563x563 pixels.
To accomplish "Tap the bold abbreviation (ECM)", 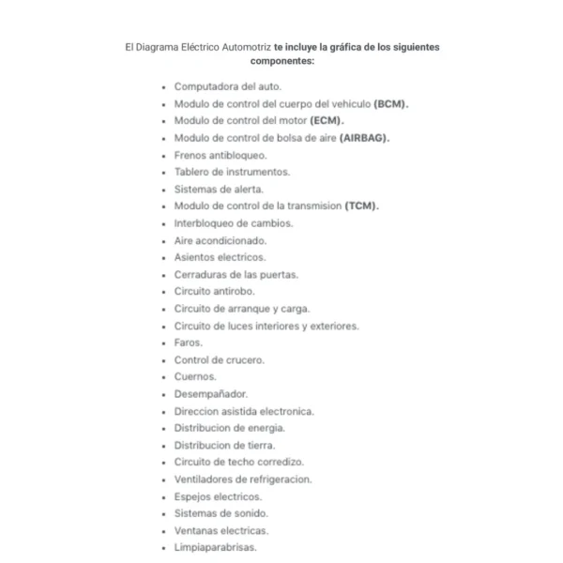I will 327,121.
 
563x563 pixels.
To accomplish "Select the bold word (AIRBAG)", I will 363,138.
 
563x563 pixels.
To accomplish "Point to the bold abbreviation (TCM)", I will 361,205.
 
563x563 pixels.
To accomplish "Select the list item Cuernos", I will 195,376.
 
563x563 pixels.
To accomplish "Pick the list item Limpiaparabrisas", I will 215,547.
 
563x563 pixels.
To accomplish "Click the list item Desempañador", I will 210,394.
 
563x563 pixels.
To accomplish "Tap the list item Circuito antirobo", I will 214,291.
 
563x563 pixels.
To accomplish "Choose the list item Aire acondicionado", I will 221,240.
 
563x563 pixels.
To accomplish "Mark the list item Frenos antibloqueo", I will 221,155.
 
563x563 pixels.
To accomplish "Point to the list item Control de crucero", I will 220,359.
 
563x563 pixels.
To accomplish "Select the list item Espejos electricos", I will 218,496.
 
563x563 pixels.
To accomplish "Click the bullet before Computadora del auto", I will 164,87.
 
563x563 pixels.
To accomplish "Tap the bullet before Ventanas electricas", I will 164,531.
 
